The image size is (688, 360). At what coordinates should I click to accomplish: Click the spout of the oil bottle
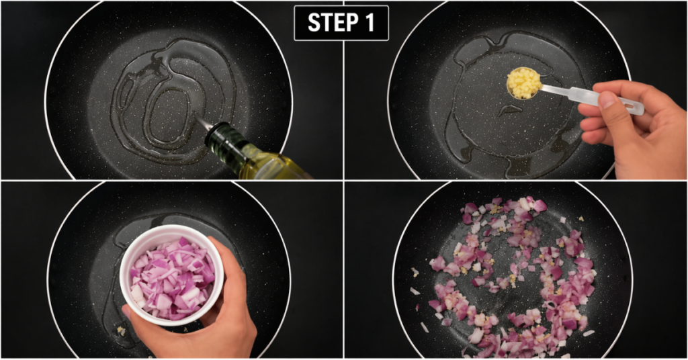click(x=203, y=122)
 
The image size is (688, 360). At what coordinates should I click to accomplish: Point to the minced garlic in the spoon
click(x=523, y=83)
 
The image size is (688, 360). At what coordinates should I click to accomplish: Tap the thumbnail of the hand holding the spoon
click(x=607, y=101)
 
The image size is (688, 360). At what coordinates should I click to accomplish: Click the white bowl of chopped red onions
click(x=172, y=275)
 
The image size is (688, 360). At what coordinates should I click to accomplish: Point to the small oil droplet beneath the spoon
click(x=510, y=109)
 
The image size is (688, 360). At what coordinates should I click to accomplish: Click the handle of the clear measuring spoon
click(x=588, y=98)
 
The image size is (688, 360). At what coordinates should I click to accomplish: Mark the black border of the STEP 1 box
click(x=295, y=23)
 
